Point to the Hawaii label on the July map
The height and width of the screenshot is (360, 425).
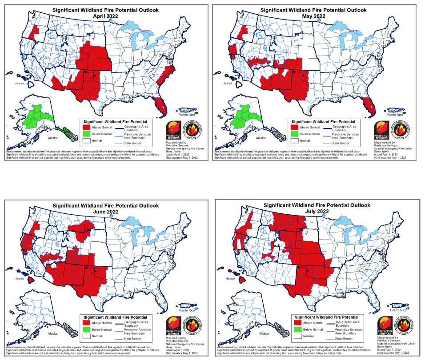[x=230, y=279]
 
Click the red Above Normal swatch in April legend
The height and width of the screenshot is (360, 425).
[x=87, y=128]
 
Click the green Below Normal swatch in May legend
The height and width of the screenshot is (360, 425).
[x=295, y=134]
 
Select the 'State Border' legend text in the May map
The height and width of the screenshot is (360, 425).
[x=341, y=143]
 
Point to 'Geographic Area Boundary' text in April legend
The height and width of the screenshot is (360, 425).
[x=134, y=128]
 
